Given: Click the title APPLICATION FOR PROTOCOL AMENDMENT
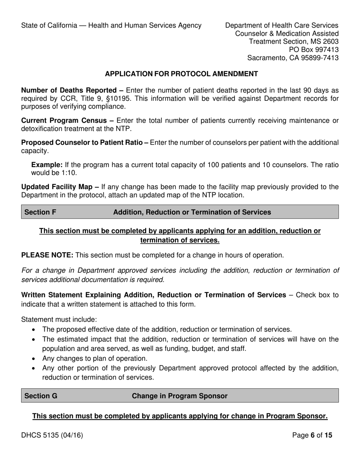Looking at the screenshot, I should pos(182,74).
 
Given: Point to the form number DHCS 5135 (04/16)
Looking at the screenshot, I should pos(52,435).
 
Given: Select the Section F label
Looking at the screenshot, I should pos(41,213).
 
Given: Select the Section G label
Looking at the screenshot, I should pos(41,396).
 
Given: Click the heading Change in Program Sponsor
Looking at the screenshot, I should pos(180,396).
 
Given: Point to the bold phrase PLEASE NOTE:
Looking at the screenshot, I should pos(47,255).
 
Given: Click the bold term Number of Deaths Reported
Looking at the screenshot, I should pos(69,91).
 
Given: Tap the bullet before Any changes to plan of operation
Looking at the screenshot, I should pos(34,358).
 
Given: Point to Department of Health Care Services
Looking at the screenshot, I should pos(282,25).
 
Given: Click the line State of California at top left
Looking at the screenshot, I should pos(111,25).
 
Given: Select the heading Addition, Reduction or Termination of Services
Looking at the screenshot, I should pos(192,213).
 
